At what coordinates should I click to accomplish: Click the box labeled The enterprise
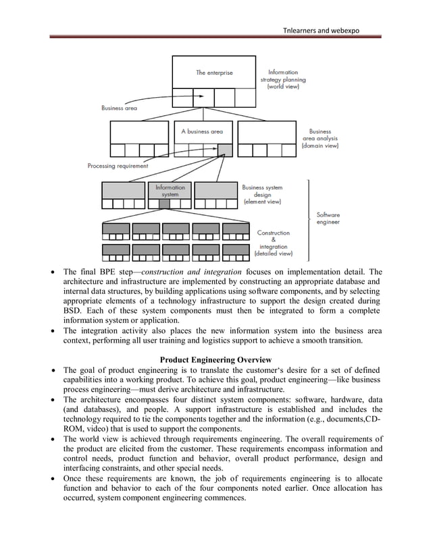tap(213, 73)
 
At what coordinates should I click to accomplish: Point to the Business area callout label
tap(119, 107)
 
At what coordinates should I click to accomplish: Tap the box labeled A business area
tap(201, 132)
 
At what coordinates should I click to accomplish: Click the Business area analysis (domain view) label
tap(320, 138)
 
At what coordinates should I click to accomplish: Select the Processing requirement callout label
tap(118, 166)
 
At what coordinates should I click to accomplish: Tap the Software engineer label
tap(328, 218)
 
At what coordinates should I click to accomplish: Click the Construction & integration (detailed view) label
tap(273, 243)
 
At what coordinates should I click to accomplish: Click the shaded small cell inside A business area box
tap(225, 150)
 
